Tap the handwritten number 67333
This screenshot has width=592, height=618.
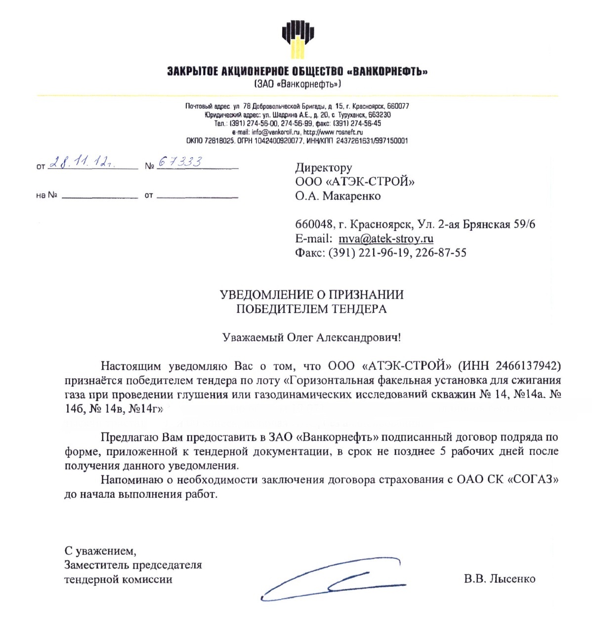tap(180, 162)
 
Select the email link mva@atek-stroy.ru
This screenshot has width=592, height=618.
tap(385, 239)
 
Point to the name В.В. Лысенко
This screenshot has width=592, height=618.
tap(499, 579)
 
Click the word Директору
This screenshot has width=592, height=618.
tap(324, 168)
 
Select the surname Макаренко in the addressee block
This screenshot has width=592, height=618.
tap(351, 196)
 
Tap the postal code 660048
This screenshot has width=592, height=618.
tap(314, 224)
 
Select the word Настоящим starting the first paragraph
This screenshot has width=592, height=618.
tap(131, 366)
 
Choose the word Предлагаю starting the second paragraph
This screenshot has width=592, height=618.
tap(130, 437)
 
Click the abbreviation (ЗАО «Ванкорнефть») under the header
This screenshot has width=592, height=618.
tap(297, 84)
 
